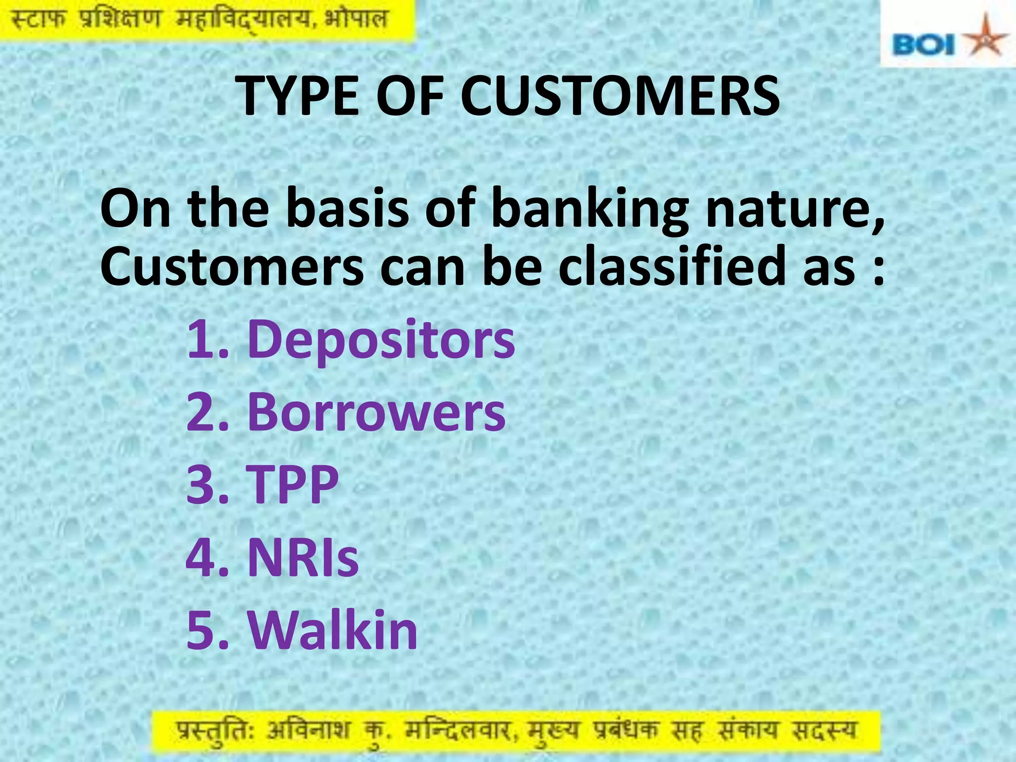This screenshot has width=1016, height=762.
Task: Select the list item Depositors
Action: click(381, 340)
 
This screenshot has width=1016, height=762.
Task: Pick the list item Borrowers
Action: click(376, 413)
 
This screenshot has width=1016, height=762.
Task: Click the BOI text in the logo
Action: click(924, 46)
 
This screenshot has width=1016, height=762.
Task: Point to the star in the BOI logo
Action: click(984, 40)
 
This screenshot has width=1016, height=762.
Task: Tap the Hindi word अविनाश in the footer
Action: click(308, 731)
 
